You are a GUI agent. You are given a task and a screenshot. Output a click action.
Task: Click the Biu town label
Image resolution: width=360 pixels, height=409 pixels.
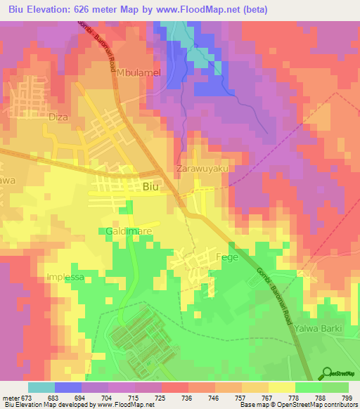pyautogui.click(x=150, y=187)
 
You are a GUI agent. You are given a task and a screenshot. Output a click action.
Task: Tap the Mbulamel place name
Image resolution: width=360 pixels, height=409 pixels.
pyautogui.click(x=139, y=72)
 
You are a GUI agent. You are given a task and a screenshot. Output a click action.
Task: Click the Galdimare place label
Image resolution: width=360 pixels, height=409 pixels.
pyautogui.click(x=129, y=231)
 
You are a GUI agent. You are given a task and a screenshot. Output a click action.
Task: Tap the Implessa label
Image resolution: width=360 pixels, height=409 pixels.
pyautogui.click(x=65, y=277)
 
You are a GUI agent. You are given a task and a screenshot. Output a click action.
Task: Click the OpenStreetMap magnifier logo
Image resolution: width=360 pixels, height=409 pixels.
pyautogui.click(x=327, y=373)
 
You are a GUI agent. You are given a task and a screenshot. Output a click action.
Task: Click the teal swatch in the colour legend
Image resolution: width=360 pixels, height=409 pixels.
pyautogui.click(x=41, y=387)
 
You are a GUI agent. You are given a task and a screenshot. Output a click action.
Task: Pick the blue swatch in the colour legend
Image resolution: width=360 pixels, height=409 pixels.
pyautogui.click(x=68, y=387)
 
